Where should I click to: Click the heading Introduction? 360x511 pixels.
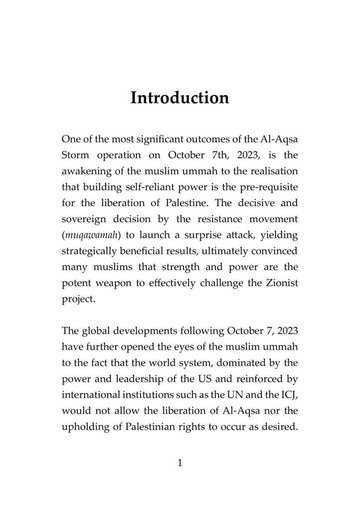pyautogui.click(x=180, y=98)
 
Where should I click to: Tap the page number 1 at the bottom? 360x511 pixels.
pyautogui.click(x=180, y=463)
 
